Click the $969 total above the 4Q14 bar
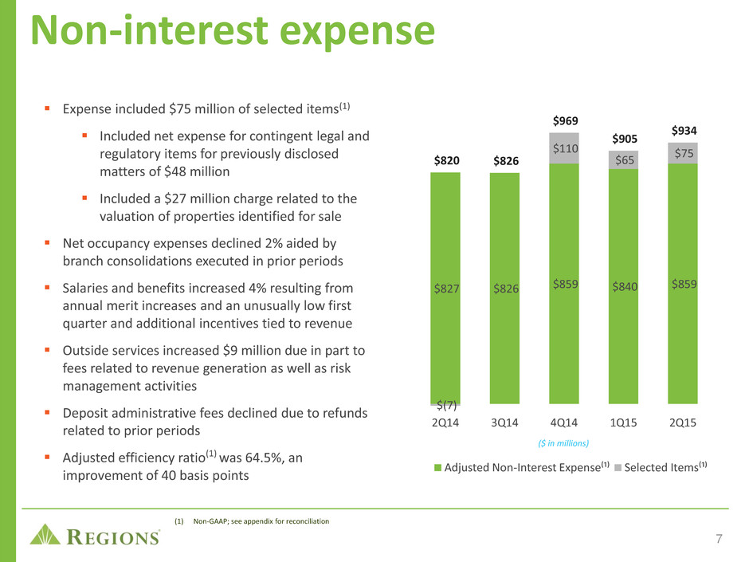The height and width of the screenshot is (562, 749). [565, 121]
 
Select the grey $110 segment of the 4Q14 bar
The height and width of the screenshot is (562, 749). [564, 148]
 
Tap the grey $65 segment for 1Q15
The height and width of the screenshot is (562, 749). [623, 160]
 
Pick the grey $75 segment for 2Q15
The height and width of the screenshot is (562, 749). [683, 153]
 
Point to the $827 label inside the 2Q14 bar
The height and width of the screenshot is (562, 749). [447, 289]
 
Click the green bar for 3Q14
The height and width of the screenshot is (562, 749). [504, 288]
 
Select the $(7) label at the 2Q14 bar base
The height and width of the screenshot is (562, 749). [447, 406]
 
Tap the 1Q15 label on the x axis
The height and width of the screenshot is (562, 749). [623, 423]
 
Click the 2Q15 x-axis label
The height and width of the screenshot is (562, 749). [683, 423]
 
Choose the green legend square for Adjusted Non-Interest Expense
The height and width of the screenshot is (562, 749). [437, 468]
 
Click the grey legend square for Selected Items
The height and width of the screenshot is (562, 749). [618, 468]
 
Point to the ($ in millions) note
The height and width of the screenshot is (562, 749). [563, 443]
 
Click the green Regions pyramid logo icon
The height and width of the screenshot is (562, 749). [45, 534]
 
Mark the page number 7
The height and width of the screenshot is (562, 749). [719, 539]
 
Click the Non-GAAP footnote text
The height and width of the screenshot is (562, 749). [261, 521]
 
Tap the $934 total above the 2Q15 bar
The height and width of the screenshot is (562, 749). [684, 131]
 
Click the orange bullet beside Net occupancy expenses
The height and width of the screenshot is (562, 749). [47, 243]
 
